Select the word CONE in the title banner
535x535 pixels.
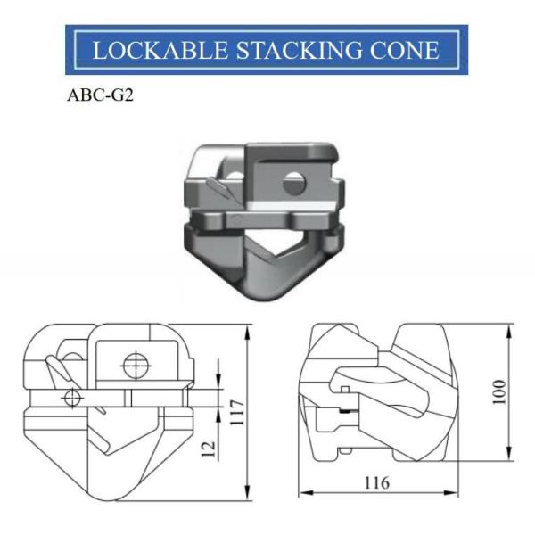[x=403, y=51]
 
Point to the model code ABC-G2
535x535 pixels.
[x=99, y=95]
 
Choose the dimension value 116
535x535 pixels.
[x=377, y=484]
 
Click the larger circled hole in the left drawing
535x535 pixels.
[x=136, y=364]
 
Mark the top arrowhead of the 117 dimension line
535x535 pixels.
[x=246, y=328]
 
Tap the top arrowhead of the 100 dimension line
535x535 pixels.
[x=508, y=328]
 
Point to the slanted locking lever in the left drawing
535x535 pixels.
[x=53, y=366]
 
